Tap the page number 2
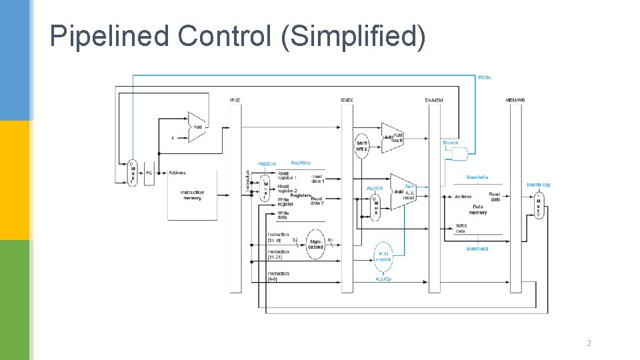point(589,343)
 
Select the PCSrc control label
point(485,77)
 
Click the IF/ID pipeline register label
point(235,101)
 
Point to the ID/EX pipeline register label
point(347,101)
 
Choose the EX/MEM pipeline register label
point(433,101)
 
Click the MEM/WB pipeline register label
point(515,101)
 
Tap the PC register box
point(150,173)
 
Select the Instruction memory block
point(192,195)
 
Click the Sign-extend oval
point(315,244)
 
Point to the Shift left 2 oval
point(362,145)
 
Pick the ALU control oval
point(383,257)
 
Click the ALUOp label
point(383,279)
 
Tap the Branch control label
point(451,143)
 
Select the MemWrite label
point(477,177)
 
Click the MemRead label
point(477,249)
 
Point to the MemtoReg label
point(538,185)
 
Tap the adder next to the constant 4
point(197,127)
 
